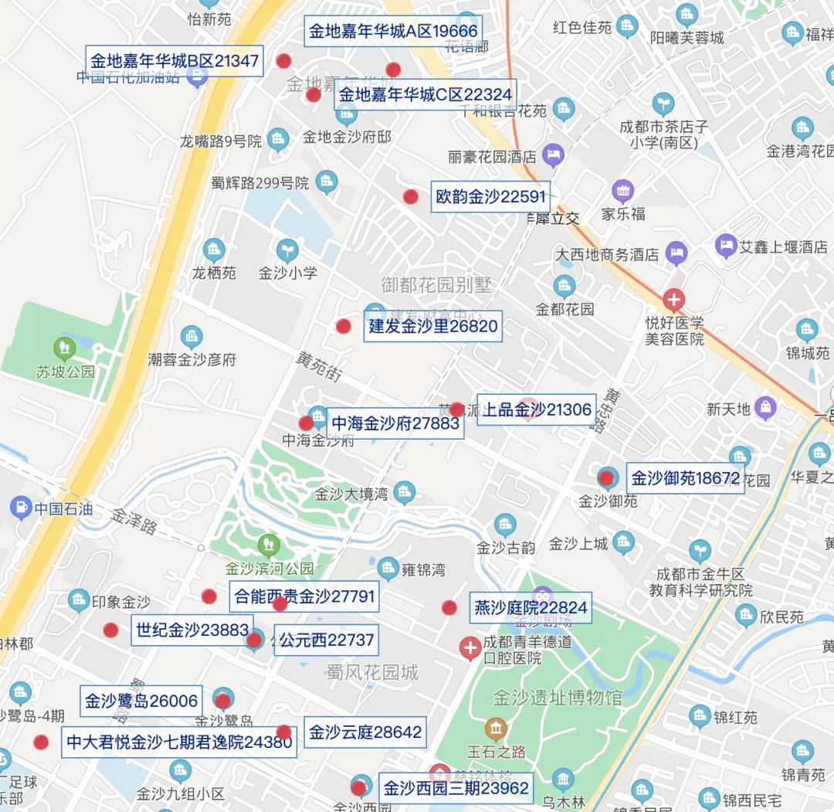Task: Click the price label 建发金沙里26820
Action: point(432,326)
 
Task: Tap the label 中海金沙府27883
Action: point(395,423)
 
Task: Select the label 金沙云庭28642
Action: point(365,732)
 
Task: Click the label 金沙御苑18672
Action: point(686,478)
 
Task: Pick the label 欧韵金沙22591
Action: point(490,197)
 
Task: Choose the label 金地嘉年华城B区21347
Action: point(175,61)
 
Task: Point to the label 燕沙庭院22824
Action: point(531,608)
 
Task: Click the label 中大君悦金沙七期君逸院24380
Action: point(179,742)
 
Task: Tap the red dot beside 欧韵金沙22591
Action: point(411,197)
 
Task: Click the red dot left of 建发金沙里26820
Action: point(344,326)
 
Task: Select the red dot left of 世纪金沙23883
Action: point(111,630)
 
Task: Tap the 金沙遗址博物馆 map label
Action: point(558,698)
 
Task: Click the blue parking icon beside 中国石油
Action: point(20,508)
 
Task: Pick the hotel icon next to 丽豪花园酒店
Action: point(552,155)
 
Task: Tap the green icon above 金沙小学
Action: point(287,250)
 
